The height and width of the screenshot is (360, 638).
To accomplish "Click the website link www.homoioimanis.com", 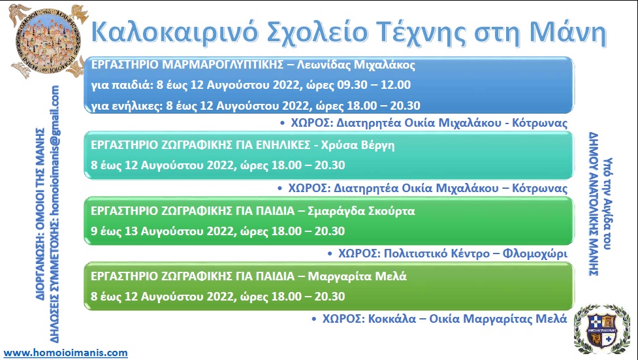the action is (65, 353).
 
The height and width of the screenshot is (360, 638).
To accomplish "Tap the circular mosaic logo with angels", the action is (48, 41).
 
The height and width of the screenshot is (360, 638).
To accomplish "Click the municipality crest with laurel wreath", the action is (602, 329).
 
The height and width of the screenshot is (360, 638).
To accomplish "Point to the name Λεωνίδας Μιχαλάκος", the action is (356, 65).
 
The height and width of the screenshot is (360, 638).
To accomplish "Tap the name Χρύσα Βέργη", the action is (358, 146).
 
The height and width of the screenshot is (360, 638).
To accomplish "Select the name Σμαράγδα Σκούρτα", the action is (361, 211).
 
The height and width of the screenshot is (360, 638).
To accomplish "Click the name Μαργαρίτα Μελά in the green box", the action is (357, 276).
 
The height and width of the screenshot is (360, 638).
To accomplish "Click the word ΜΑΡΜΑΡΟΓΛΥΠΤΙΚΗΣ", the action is (223, 65).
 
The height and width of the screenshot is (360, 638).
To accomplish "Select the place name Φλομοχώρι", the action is (535, 254).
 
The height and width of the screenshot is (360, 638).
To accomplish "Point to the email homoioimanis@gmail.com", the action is (55, 149).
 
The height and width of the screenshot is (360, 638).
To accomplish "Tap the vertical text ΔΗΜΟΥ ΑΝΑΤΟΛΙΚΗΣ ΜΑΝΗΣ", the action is (594, 204).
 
